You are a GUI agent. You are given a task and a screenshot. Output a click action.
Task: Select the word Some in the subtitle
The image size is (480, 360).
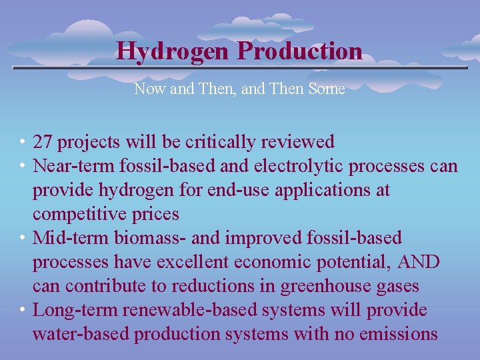pos(326,89)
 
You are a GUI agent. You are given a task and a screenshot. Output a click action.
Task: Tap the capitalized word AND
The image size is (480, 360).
pos(418,262)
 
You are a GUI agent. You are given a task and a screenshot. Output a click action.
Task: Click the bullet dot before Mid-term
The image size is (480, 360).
pos(23,238)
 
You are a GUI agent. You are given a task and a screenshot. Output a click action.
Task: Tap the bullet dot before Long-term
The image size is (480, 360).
pos(23,310)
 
